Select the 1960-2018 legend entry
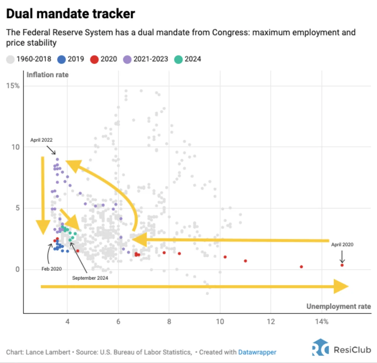[x=29, y=59]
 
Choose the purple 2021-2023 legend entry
[x=145, y=59]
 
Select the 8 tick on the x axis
[x=169, y=322]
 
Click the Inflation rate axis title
[x=47, y=75]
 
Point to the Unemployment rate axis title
[x=338, y=306]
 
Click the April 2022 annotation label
[x=41, y=140]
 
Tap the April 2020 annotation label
[x=342, y=244]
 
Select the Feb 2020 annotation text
[x=52, y=269]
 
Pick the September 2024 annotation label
[x=90, y=278]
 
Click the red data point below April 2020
[x=342, y=265]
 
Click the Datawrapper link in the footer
[x=257, y=352]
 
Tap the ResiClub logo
[x=341, y=349]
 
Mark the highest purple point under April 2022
[x=57, y=159]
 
